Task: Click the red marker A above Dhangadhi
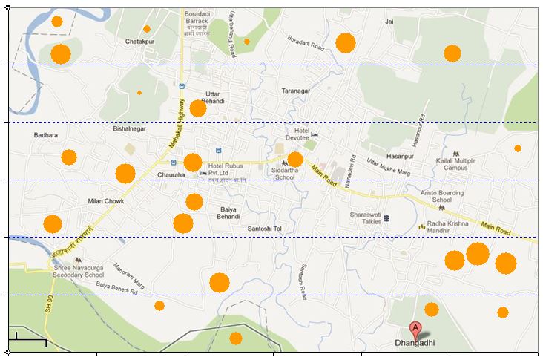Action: click(415, 328)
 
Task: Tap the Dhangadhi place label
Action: click(415, 343)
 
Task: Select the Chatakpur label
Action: click(140, 42)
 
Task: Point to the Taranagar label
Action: click(295, 91)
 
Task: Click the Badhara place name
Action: click(46, 135)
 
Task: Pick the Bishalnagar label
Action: click(130, 128)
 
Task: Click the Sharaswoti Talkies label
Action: click(365, 217)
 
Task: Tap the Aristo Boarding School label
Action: click(441, 196)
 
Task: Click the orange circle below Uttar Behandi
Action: click(197, 108)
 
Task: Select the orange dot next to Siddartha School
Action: click(294, 159)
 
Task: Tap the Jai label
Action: click(389, 22)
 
